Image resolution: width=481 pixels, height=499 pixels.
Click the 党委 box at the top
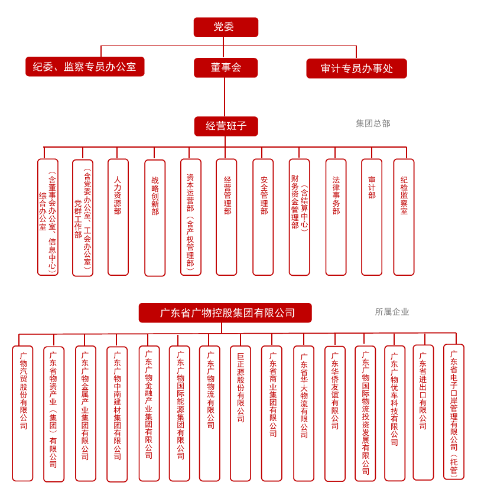tap(226, 27)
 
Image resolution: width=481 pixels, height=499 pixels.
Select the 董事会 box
tap(226, 67)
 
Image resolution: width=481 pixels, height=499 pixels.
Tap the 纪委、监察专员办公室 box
tap(85, 67)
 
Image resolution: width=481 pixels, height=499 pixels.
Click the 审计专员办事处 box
tap(356, 69)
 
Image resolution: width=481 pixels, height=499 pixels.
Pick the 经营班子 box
tap(226, 126)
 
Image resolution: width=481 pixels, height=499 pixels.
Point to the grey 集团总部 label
tap(373, 123)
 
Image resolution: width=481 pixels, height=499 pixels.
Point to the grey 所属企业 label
tap(392, 312)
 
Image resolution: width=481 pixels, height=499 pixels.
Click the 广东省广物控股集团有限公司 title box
tap(225, 313)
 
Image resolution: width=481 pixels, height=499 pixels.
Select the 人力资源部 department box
tap(118, 217)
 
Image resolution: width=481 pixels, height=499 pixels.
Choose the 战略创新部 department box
tap(155, 218)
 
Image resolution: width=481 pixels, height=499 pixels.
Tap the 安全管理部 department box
tap(263, 217)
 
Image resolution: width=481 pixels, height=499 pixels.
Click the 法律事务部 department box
tap(336, 217)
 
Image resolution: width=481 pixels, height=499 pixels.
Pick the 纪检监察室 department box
tap(404, 217)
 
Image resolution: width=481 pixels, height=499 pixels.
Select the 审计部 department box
tap(372, 217)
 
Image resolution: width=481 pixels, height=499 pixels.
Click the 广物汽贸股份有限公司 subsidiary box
tap(22, 413)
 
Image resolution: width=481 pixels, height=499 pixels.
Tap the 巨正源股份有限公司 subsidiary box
tap(240, 413)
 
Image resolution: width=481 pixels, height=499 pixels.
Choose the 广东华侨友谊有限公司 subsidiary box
tap(335, 414)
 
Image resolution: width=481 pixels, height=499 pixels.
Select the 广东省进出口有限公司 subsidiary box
tap(423, 412)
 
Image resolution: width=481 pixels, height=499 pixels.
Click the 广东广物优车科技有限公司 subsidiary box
tap(395, 413)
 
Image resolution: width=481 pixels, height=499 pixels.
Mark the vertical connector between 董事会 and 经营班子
tap(225, 97)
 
